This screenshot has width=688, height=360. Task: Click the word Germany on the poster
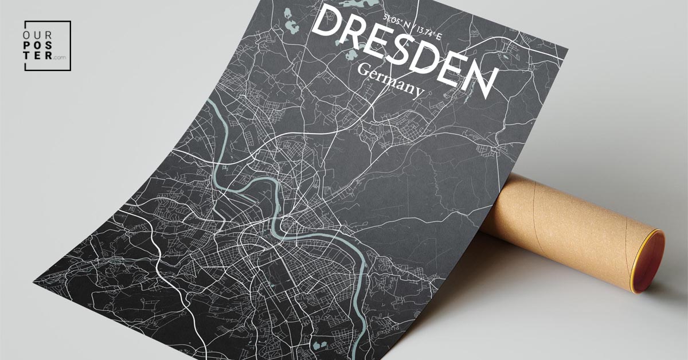(x=390, y=81)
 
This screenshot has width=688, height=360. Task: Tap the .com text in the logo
(x=61, y=57)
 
